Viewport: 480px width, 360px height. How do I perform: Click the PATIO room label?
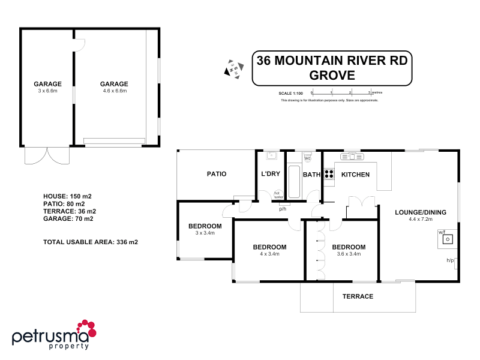(x=217, y=174)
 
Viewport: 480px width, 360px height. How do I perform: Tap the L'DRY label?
(x=271, y=174)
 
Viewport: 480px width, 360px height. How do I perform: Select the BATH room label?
(x=312, y=175)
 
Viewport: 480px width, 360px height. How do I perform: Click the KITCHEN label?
(x=355, y=175)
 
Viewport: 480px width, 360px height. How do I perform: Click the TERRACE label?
(x=358, y=296)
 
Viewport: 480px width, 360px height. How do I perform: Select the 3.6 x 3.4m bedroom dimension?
(x=349, y=254)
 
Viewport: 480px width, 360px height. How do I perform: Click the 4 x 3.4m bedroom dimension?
(x=269, y=254)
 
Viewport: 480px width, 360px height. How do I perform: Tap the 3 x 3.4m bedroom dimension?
(x=205, y=233)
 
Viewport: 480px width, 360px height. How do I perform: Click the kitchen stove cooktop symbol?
(x=329, y=174)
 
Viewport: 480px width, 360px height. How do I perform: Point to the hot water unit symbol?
(x=278, y=194)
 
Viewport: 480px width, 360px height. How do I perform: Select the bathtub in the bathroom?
(x=294, y=182)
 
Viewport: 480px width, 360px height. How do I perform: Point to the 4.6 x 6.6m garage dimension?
(x=114, y=91)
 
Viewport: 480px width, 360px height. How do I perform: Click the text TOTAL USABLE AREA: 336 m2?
(x=91, y=242)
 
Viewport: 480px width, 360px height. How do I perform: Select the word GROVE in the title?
(x=332, y=76)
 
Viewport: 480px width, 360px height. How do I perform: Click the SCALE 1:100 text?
(x=291, y=94)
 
